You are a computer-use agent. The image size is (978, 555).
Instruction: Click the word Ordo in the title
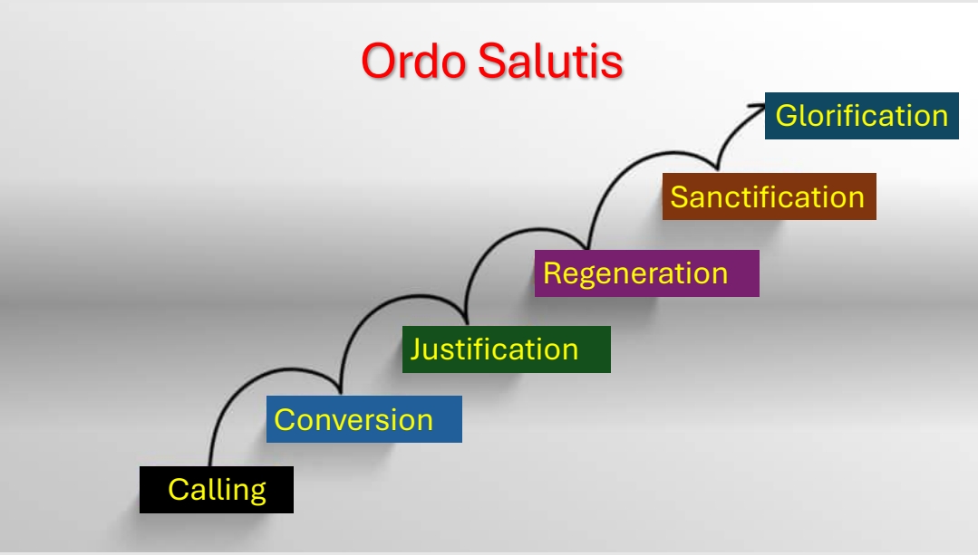(x=413, y=61)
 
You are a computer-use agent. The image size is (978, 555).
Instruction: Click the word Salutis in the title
(x=551, y=61)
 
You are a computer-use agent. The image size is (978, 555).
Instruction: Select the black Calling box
(x=217, y=490)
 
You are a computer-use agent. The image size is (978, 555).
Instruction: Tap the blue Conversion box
(x=364, y=419)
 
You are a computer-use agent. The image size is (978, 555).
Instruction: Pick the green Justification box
(x=507, y=349)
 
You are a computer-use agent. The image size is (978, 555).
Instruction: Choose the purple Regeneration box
(x=647, y=273)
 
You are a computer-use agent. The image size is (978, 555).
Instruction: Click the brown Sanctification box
(x=769, y=196)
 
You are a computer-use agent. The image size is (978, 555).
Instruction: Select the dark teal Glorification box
(x=861, y=116)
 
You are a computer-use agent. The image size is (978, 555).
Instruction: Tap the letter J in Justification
(x=416, y=349)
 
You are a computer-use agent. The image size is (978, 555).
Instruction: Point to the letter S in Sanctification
(x=679, y=196)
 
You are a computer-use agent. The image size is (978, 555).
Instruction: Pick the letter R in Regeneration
(x=553, y=273)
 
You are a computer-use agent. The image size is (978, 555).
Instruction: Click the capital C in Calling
(x=179, y=490)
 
